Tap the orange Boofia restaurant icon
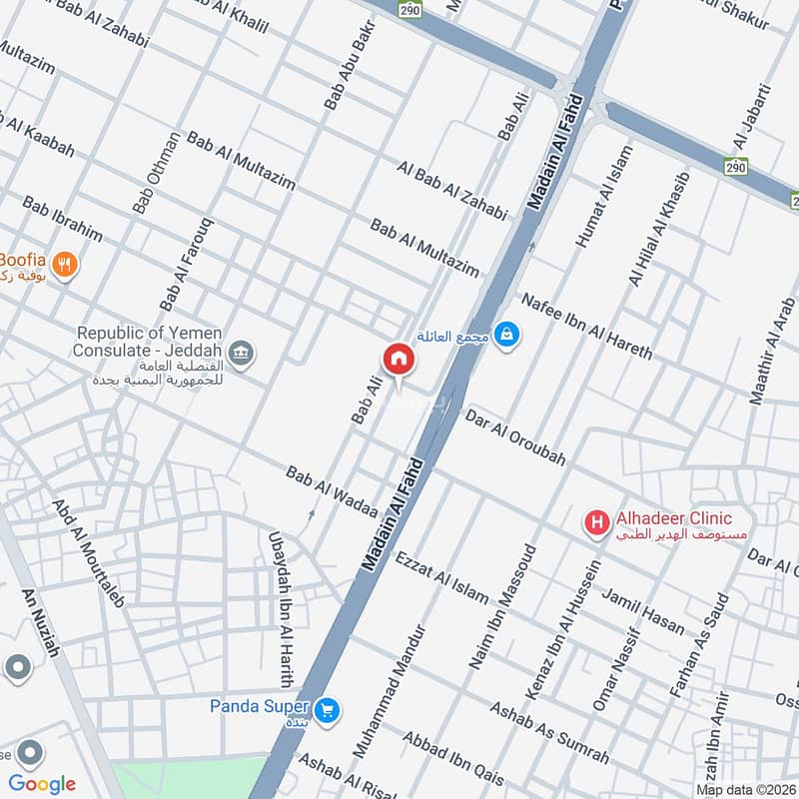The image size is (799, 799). (65, 266)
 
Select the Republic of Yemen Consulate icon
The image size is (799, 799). (241, 353)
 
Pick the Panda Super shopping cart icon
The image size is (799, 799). (326, 710)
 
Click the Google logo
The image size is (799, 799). (42, 784)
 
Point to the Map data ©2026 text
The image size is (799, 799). (746, 789)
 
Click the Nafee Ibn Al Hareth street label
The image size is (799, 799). (586, 327)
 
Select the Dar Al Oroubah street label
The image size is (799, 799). (515, 438)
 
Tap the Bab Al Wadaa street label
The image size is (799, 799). (332, 492)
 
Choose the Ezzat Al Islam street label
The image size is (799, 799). (441, 577)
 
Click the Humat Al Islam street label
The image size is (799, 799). (605, 197)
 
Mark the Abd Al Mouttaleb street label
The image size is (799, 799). (89, 554)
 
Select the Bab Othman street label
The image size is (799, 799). (157, 173)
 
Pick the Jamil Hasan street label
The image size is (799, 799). (643, 611)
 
